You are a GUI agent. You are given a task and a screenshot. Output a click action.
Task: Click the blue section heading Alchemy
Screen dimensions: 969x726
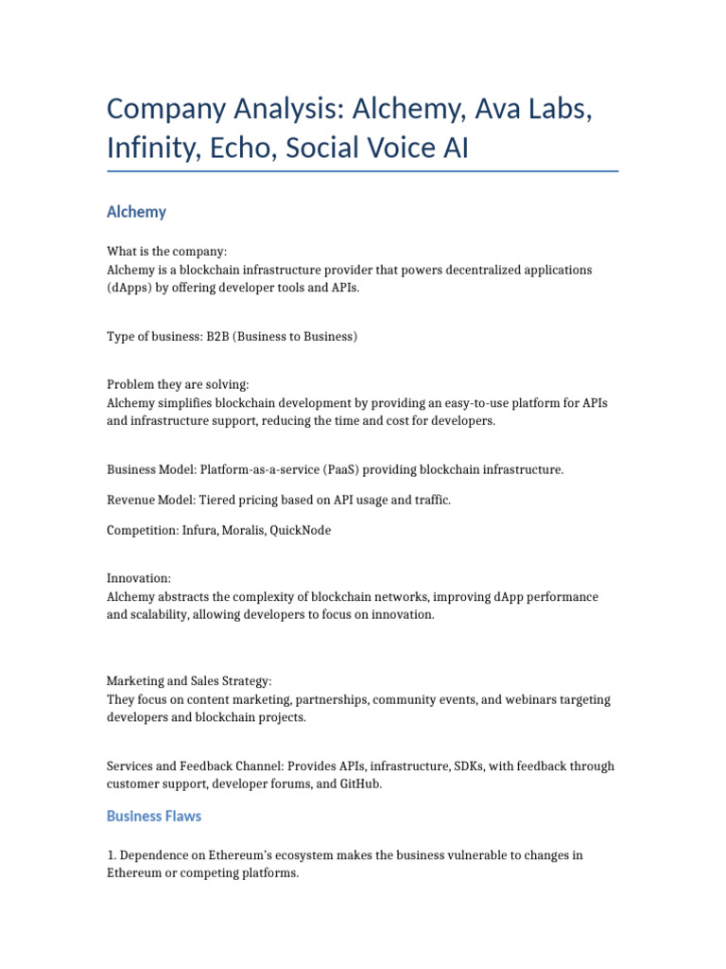pos(136,212)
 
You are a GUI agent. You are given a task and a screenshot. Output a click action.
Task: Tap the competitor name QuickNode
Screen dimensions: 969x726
pos(301,530)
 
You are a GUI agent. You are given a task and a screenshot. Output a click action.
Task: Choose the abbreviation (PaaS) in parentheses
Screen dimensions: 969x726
pos(309,469)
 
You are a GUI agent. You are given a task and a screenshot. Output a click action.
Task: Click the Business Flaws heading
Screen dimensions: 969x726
pos(154,816)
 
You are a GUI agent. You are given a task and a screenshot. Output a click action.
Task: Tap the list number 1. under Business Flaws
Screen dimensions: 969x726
pos(112,855)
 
